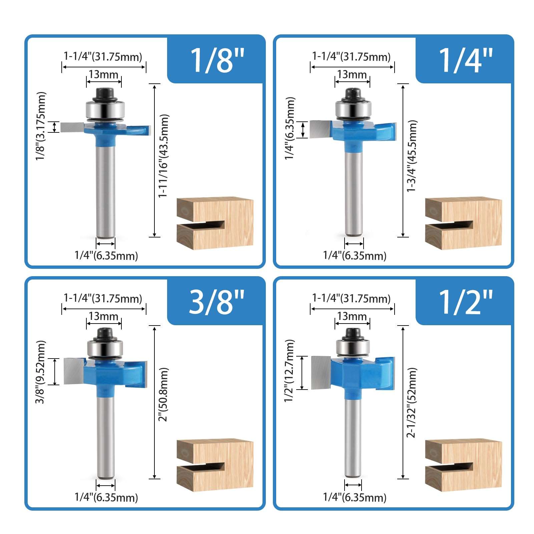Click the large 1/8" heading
pyautogui.click(x=217, y=60)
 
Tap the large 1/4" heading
pyautogui.click(x=465, y=60)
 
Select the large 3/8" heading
pyautogui.click(x=217, y=302)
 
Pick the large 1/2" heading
pyautogui.click(x=465, y=302)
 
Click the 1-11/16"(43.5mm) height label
pyautogui.click(x=163, y=156)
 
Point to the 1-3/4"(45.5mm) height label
pyautogui.click(x=412, y=156)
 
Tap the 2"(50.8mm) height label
pyautogui.click(x=163, y=394)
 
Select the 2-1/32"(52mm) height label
pyautogui.click(x=412, y=402)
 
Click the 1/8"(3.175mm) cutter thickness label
pyautogui.click(x=41, y=126)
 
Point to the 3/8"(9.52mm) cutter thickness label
pyautogui.click(x=41, y=372)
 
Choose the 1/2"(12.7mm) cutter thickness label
pyautogui.click(x=290, y=371)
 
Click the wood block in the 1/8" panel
pyautogui.click(x=215, y=223)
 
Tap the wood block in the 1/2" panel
pyautogui.click(x=463, y=465)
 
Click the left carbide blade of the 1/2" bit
pyautogui.click(x=321, y=372)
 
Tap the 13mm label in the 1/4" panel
pyautogui.click(x=352, y=74)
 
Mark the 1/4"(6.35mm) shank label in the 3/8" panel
pyautogui.click(x=106, y=497)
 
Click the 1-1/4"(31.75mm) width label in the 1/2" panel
pyautogui.click(x=351, y=298)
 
